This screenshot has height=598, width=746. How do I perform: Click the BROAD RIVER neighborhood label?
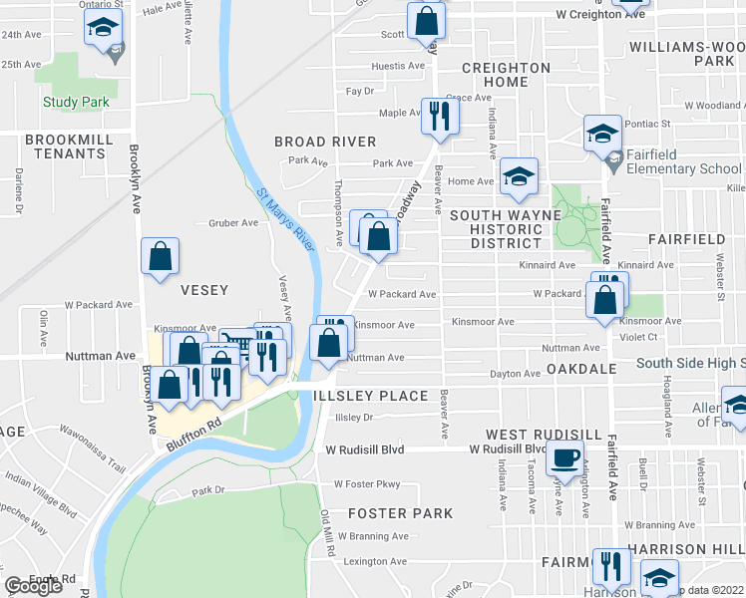[325, 142]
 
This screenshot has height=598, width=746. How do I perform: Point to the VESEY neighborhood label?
[204, 290]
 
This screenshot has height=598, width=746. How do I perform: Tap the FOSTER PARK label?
[401, 513]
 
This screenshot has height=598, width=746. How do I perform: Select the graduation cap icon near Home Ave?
[519, 176]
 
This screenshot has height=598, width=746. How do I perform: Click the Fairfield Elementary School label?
[684, 168]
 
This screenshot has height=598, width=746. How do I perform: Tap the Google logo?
[33, 586]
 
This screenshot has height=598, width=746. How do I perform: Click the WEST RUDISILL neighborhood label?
[543, 436]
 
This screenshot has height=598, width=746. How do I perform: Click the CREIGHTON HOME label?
[506, 75]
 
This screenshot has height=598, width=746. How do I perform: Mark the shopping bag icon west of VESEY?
[160, 255]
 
